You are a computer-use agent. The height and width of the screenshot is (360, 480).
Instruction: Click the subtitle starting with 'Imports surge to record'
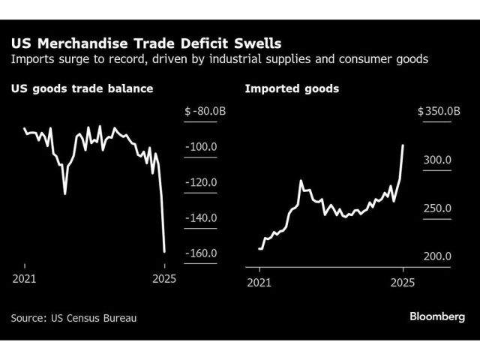tap(220, 58)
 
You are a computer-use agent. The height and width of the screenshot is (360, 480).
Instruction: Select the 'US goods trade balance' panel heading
tap(82, 88)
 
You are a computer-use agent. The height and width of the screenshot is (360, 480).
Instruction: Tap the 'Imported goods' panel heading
tap(292, 88)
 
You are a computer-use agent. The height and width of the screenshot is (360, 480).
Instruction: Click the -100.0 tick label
tap(200, 147)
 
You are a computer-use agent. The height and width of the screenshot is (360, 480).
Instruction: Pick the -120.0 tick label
tap(200, 182)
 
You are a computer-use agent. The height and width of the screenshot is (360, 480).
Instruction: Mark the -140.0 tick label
tap(200, 217)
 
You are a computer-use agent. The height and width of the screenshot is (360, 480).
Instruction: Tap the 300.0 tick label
tap(437, 160)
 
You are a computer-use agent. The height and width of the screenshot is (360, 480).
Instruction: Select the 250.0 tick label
tap(437, 208)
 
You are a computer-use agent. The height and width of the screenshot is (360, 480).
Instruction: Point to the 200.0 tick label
tap(437, 256)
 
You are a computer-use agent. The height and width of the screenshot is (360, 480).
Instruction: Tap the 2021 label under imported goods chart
tap(259, 282)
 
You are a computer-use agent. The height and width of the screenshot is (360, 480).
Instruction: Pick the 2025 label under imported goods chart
tap(403, 282)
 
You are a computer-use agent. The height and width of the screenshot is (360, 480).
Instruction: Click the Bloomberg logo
tap(437, 316)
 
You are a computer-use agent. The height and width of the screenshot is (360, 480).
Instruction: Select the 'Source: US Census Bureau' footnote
tap(73, 317)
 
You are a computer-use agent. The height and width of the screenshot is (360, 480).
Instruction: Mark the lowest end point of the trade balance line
tap(164, 252)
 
